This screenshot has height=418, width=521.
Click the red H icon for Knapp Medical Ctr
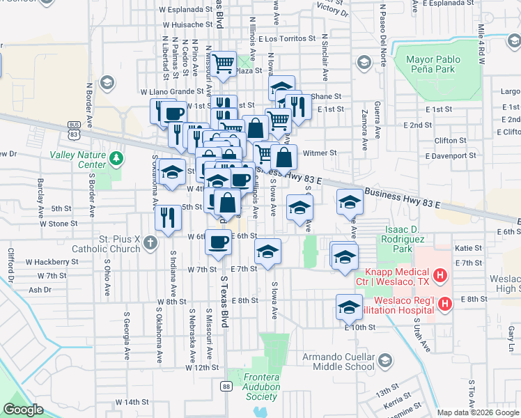[440, 277]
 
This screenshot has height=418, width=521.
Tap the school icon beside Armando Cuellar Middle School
[385, 360]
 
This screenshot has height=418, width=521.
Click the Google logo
[24, 410]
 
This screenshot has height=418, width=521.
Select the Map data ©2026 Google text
[477, 412]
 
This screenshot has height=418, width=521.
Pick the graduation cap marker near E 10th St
[349, 307]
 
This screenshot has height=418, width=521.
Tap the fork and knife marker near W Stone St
[168, 217]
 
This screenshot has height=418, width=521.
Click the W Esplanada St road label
[185, 10]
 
